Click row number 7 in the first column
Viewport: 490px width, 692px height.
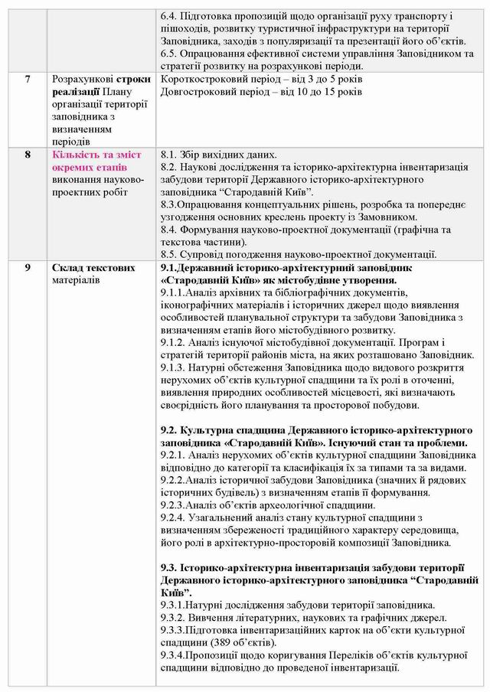28,80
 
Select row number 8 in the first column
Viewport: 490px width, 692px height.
28,155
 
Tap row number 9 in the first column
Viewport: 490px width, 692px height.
28,268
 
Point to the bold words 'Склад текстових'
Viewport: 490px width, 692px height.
93,268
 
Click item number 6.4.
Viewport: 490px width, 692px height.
169,16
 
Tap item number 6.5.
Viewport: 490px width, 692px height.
169,54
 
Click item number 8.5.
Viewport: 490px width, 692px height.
169,254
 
